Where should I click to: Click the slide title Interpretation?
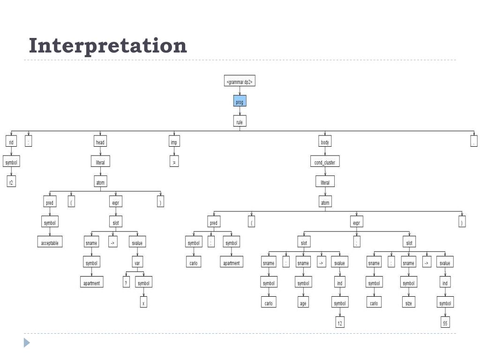tap(108, 46)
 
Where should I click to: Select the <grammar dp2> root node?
tap(240, 82)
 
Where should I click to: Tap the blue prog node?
tap(240, 102)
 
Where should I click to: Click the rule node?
tap(240, 122)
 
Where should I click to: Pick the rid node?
tap(11, 142)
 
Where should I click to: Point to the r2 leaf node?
tap(11, 182)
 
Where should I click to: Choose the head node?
tap(100, 142)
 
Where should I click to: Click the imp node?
tap(174, 142)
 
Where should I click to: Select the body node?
tap(325, 142)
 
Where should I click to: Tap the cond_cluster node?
tap(325, 163)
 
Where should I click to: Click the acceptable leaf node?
tap(50, 243)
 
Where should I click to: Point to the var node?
tap(137, 263)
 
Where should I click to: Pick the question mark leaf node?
tap(126, 283)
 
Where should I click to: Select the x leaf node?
tap(144, 303)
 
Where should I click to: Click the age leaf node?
tap(303, 303)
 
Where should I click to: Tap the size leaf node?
tap(408, 303)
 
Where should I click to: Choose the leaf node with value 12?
tap(340, 323)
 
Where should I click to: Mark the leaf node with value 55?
tap(445, 323)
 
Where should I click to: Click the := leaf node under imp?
tap(174, 163)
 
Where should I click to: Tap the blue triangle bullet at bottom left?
tap(27, 343)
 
